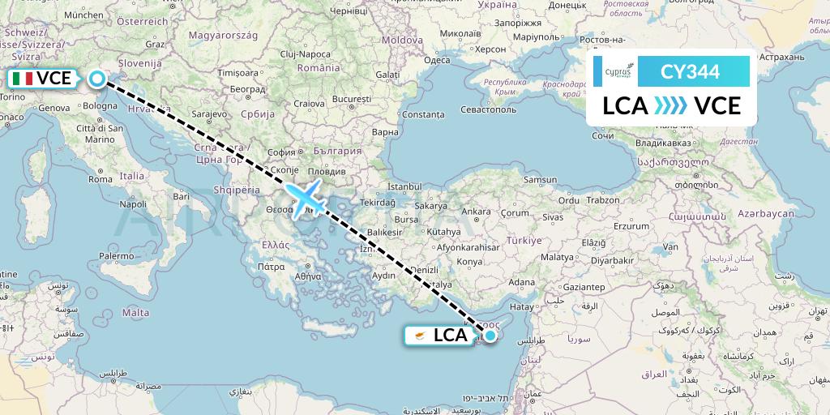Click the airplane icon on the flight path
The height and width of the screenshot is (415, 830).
coord(305,198)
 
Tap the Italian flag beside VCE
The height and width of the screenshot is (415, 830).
coord(23,79)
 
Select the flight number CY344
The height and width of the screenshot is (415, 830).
coord(690,72)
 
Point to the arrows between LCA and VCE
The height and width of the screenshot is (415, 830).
coord(670,105)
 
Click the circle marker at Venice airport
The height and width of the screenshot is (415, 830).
coord(97,79)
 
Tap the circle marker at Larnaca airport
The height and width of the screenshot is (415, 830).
coord(490,334)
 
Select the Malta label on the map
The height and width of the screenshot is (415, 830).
coord(135,312)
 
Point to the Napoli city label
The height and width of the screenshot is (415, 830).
coord(133,204)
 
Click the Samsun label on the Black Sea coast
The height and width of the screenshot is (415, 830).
coord(541,179)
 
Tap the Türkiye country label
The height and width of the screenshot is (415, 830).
coord(524,241)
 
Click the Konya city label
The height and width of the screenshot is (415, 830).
coord(468,262)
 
